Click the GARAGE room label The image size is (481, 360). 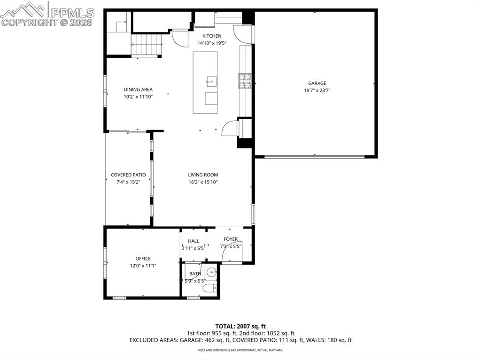pos(317,84)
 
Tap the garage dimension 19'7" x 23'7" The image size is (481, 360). pos(317,91)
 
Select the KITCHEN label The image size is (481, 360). pos(212,36)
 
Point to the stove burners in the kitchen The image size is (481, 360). pos(245,81)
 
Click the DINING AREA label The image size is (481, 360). pos(138,90)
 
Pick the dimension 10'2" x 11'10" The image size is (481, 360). pos(138,97)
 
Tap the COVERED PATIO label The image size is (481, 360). pos(128,175)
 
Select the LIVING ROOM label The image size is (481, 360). pos(203,175)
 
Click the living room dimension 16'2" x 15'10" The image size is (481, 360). pos(203,182)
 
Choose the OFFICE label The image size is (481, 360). pos(143,259)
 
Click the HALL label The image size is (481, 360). pos(194,241)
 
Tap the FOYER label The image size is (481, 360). pos(231,239)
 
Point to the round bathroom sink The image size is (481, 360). pos(213,272)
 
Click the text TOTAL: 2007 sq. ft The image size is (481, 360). pos(240,326)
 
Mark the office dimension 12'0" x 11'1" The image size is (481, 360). pos(143,266)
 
